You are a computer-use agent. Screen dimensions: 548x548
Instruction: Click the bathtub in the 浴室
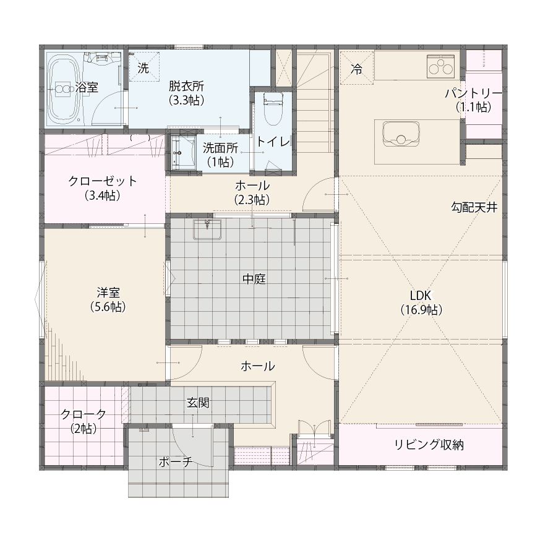(64, 89)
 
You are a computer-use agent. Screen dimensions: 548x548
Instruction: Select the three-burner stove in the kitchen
(442, 66)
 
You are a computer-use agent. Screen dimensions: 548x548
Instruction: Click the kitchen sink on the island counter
(401, 133)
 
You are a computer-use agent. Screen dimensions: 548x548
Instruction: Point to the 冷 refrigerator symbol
(357, 68)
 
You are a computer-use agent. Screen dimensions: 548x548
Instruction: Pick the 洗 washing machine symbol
(143, 67)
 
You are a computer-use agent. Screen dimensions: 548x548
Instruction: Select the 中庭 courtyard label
(254, 279)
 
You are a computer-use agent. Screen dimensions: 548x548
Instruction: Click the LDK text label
(421, 296)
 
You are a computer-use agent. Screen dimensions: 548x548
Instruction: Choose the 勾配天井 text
(474, 208)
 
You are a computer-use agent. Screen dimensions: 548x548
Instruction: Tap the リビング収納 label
(429, 445)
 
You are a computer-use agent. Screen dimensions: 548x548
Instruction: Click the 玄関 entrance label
(198, 403)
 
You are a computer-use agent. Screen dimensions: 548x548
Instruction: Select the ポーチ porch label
(176, 462)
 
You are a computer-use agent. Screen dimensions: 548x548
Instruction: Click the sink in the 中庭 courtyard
(207, 229)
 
